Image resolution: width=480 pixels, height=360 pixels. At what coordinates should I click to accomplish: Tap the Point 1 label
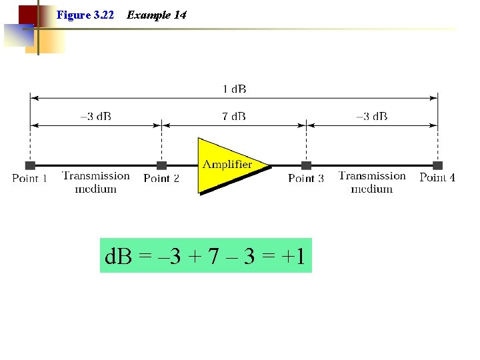(x=30, y=179)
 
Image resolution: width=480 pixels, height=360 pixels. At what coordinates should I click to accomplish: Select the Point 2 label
(x=161, y=179)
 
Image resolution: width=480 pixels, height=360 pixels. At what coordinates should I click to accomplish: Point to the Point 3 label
(x=306, y=179)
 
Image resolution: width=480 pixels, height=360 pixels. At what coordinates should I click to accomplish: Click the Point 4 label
(x=437, y=177)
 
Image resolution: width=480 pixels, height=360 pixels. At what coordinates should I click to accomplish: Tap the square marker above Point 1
(x=30, y=165)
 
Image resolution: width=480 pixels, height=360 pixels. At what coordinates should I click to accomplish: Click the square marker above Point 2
(x=161, y=165)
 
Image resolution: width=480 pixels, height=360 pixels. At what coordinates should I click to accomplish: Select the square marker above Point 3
(x=306, y=165)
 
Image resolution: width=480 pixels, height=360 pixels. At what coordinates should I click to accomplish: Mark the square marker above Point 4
(x=437, y=165)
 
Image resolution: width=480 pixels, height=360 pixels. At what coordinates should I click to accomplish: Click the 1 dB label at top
(x=234, y=89)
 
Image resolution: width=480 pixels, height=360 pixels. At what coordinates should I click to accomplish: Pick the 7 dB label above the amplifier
(x=234, y=117)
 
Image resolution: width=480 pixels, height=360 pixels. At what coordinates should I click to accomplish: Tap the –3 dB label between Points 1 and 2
(x=95, y=117)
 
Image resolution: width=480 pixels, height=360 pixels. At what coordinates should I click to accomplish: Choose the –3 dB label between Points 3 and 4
(x=371, y=117)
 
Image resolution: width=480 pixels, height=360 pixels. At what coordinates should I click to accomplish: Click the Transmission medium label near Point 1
(x=96, y=182)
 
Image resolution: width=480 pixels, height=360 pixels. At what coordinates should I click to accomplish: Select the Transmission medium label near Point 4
(x=372, y=182)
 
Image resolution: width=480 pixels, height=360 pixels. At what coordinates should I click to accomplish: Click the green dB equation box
(x=205, y=255)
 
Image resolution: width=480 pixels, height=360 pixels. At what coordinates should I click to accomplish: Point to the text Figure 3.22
(x=86, y=15)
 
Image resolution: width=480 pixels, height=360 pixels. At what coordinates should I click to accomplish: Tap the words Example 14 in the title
(x=157, y=15)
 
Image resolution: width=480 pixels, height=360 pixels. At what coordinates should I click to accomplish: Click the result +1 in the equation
(x=294, y=256)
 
